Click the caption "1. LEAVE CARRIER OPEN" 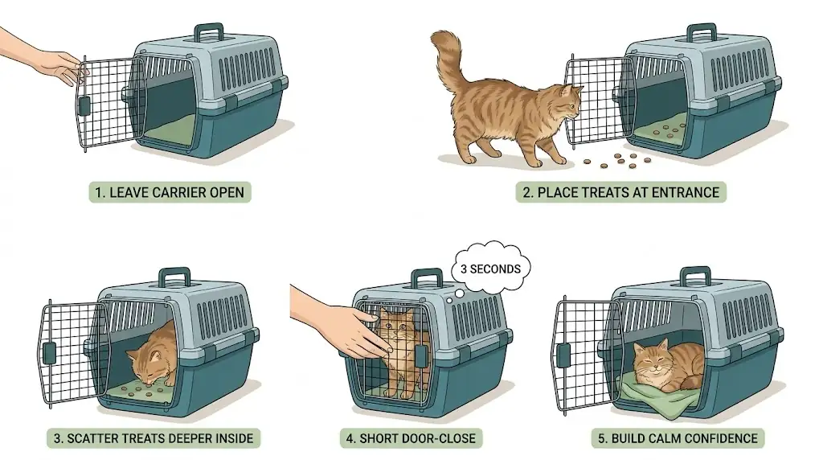coord(170,192)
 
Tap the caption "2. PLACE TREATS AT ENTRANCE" coord(620,192)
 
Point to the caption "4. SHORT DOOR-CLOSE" coord(411,438)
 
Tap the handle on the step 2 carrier coord(693,34)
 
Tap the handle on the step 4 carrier coord(427,279)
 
